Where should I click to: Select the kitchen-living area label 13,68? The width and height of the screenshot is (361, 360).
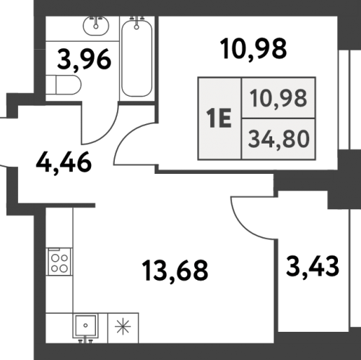pyautogui.click(x=175, y=271)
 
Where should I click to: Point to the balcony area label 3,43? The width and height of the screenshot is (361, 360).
pyautogui.click(x=313, y=267)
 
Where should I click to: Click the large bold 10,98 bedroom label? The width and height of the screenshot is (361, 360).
pyautogui.click(x=253, y=49)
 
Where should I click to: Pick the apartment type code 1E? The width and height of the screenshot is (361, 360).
pyautogui.click(x=219, y=118)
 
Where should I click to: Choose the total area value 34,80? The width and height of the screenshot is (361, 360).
pyautogui.click(x=279, y=139)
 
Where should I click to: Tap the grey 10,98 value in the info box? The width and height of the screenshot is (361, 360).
pyautogui.click(x=279, y=98)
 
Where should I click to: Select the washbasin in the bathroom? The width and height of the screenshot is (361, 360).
pyautogui.click(x=96, y=25)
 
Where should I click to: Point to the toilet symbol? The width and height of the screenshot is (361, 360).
pyautogui.click(x=64, y=84)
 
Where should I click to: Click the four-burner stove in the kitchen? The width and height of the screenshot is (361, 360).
pyautogui.click(x=59, y=261)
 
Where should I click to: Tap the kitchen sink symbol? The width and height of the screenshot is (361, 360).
pyautogui.click(x=85, y=325)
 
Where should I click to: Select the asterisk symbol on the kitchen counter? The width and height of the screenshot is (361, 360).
pyautogui.click(x=123, y=326)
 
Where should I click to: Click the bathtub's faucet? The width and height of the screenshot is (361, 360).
pyautogui.click(x=136, y=23)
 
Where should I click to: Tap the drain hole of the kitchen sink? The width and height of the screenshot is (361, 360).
pyautogui.click(x=85, y=325)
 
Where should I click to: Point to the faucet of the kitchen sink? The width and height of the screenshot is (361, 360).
pyautogui.click(x=85, y=340)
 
